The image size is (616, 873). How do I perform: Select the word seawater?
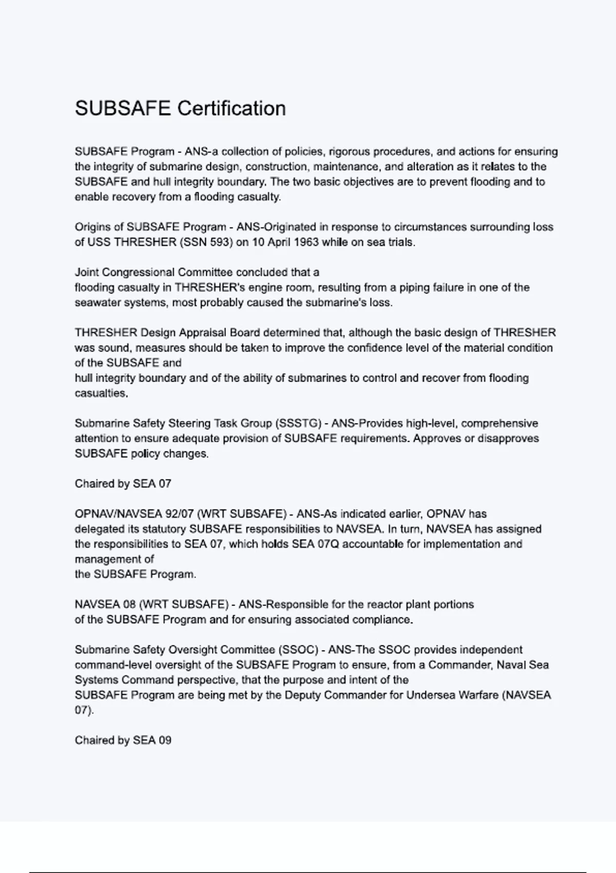[95, 302]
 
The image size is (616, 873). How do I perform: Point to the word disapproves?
[508, 439]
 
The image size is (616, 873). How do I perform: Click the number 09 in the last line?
[165, 741]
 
